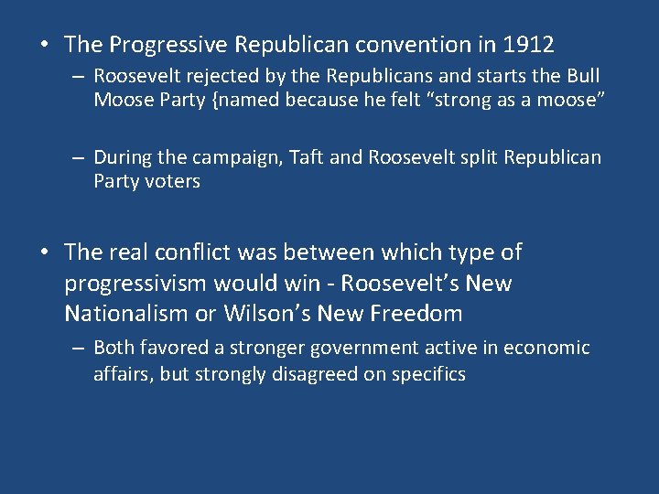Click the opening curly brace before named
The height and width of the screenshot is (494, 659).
tap(214, 99)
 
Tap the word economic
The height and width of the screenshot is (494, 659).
tap(546, 348)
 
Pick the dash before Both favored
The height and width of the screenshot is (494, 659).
tap(80, 348)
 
